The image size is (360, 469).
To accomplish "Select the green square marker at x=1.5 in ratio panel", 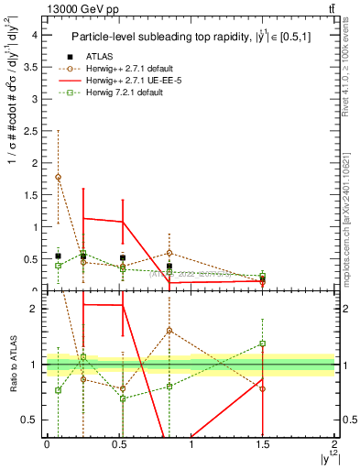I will click(x=263, y=344).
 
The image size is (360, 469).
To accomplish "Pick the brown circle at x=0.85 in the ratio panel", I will click(x=169, y=331).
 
